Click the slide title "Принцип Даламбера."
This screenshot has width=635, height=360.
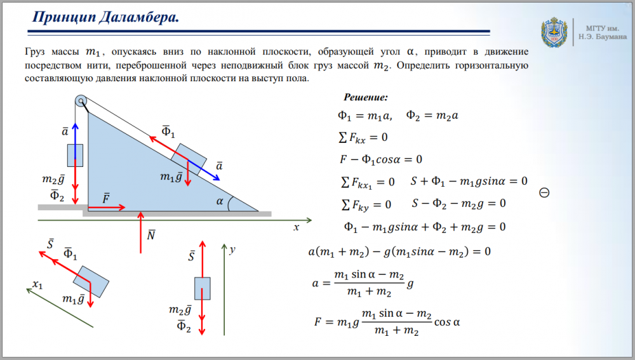(x=106, y=18)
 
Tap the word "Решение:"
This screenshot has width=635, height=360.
(x=366, y=98)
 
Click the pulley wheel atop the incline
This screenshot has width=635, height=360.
(x=81, y=101)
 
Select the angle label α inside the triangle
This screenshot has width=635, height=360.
(x=220, y=201)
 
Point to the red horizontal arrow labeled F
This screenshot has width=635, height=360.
(x=105, y=207)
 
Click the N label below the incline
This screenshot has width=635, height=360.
(x=151, y=236)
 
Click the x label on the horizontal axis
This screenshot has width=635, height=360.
(x=296, y=227)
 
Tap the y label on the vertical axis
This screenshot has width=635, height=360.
(x=233, y=250)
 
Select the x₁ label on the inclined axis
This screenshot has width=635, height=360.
(x=37, y=284)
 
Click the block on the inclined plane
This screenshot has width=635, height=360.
(x=190, y=159)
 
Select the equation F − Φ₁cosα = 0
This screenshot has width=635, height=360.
(x=381, y=159)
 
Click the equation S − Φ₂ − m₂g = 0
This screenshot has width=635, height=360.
(x=458, y=204)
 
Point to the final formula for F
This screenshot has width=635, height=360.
(x=387, y=323)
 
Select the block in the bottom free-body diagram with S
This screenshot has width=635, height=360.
(x=202, y=288)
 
